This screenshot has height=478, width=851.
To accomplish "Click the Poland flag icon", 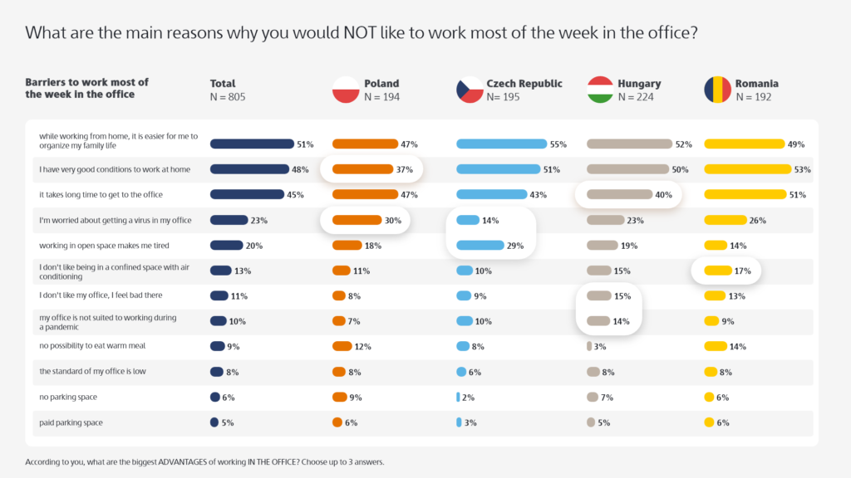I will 345,90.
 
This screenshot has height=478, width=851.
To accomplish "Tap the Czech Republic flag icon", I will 470,90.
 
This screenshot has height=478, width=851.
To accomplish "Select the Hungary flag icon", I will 600,90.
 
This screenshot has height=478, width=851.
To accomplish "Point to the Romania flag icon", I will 717,90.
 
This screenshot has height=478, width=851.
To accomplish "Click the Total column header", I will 223,84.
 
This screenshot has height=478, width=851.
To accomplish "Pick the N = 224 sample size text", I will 635,97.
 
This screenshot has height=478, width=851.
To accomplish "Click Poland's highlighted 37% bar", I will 362,169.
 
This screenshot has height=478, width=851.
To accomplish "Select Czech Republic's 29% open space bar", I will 480,246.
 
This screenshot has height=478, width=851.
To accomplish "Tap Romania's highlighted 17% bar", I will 716,271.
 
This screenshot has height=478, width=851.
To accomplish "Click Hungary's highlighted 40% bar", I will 619,195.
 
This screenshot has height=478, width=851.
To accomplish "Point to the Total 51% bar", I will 252,144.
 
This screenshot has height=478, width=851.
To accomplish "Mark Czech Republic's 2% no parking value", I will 468,398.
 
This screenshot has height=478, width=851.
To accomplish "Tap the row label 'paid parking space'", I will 71,422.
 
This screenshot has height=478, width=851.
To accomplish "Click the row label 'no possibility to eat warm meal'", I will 92,346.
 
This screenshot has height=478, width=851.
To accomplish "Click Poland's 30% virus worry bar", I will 356,221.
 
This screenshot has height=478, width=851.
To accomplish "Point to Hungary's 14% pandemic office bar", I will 598,321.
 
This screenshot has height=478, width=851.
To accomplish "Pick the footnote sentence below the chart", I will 204,461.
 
